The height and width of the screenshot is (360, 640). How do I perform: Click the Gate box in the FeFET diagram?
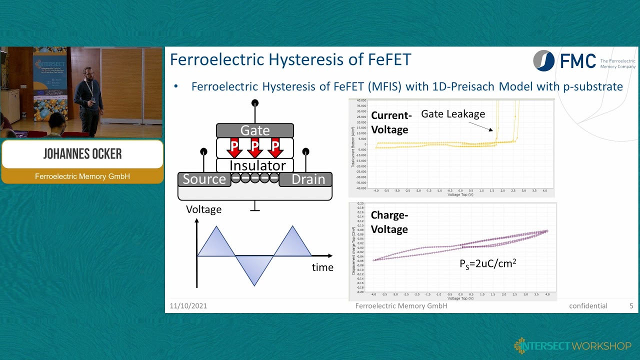[254, 130]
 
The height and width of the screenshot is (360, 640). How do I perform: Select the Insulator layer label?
[257, 165]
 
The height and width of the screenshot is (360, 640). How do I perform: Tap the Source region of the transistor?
[204, 179]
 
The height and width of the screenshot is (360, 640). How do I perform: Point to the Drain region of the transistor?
[308, 179]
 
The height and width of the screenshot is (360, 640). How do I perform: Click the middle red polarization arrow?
[255, 147]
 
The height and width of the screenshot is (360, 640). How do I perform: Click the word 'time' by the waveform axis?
[322, 267]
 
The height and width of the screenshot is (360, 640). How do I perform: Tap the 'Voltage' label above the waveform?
[203, 209]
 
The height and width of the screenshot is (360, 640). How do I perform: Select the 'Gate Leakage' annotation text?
[453, 114]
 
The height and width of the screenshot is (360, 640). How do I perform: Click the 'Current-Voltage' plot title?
[391, 122]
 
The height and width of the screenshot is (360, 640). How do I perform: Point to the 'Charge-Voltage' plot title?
[389, 222]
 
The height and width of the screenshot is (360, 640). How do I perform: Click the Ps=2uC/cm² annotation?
[487, 263]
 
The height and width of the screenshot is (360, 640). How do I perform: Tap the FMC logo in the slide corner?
[565, 61]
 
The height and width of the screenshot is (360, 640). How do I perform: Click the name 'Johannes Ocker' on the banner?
[82, 154]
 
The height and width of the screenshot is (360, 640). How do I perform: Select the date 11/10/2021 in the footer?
[188, 306]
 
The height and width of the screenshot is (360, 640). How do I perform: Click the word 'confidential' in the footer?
[588, 306]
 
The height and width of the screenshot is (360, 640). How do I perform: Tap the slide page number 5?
[631, 306]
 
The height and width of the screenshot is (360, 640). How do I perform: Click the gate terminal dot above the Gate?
[255, 103]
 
